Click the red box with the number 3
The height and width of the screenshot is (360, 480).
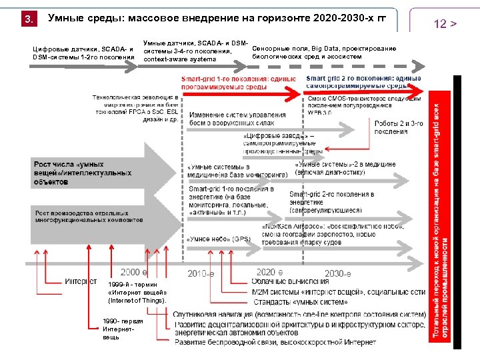(28, 19)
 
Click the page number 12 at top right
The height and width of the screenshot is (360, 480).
(445, 24)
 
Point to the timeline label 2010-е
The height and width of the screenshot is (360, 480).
(201, 273)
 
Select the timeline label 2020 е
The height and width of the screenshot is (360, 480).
(269, 272)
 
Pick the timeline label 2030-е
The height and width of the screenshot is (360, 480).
(338, 273)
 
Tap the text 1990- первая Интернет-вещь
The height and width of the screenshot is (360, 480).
(119, 329)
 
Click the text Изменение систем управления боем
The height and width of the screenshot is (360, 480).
(237, 119)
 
